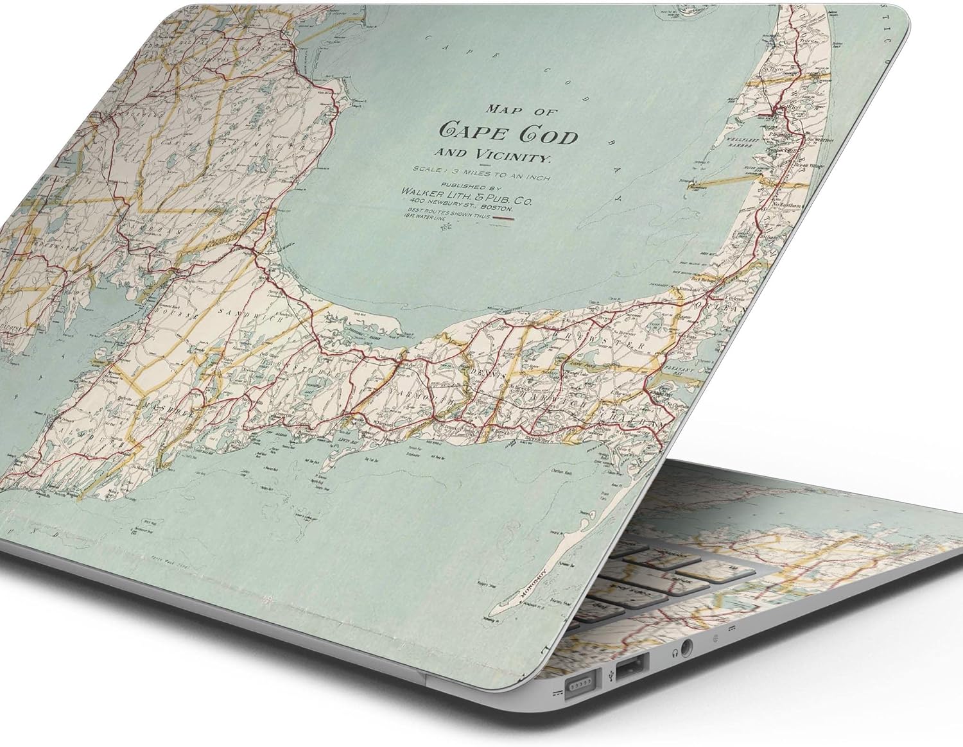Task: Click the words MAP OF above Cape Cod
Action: point(521,110)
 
